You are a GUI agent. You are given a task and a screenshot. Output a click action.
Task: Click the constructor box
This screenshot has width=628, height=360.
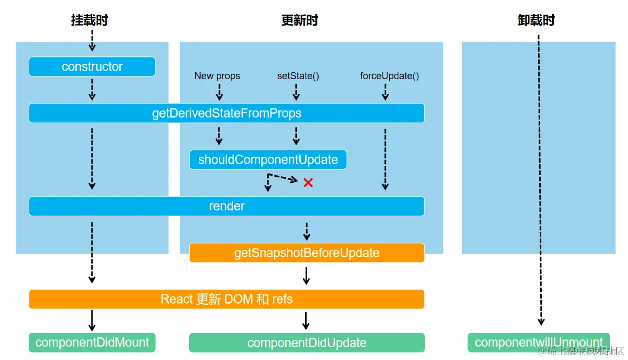tap(92, 67)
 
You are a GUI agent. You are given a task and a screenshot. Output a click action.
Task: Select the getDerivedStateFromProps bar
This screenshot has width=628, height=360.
tap(226, 113)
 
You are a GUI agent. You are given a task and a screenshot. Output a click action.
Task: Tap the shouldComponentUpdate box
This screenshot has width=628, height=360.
tap(268, 160)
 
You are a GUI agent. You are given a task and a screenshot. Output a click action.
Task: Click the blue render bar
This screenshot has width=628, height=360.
tap(226, 206)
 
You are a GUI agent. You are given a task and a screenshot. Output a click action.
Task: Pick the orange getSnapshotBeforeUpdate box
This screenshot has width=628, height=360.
tap(307, 253)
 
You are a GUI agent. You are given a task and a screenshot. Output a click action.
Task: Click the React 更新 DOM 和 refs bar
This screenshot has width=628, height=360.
tap(226, 299)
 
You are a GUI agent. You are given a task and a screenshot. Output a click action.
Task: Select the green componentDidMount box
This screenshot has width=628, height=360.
tap(92, 343)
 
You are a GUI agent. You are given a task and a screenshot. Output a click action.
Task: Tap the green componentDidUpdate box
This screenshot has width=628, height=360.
tap(307, 343)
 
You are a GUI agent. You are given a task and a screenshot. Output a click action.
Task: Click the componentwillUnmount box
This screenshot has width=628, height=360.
tap(539, 343)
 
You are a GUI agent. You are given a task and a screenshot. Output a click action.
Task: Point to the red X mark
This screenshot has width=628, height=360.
tap(308, 183)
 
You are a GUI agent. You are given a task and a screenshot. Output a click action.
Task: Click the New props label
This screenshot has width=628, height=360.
tap(217, 76)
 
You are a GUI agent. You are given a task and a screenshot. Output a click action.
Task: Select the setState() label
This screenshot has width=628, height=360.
tap(298, 76)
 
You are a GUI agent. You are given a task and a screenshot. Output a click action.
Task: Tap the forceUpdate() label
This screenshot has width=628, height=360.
tap(389, 76)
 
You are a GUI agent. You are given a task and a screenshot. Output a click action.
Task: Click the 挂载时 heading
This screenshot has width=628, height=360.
tap(89, 21)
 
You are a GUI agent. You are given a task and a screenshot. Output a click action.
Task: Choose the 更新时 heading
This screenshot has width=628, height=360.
tap(300, 21)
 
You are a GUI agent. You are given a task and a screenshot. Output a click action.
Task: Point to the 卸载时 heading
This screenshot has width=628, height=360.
tap(536, 21)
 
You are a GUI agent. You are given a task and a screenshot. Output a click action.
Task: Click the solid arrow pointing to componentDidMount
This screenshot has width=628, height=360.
tap(92, 320)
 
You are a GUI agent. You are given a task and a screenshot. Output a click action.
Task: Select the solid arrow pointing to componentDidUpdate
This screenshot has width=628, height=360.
tap(306, 320)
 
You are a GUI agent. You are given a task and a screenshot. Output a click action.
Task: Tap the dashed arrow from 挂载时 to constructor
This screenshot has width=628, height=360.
tap(92, 41)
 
